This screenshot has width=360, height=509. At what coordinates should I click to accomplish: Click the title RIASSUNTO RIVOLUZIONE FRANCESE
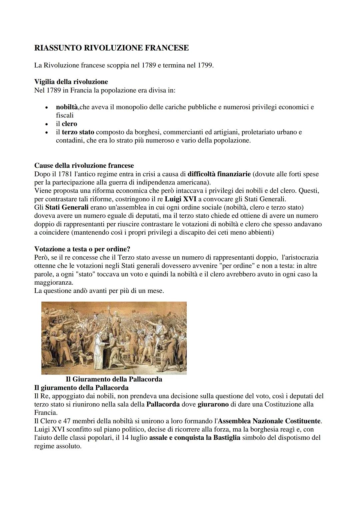pyautogui.click(x=111, y=48)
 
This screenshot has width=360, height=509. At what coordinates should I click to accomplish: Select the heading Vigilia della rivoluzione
pyautogui.click(x=71, y=82)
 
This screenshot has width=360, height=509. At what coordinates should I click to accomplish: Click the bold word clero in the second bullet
pyautogui.click(x=69, y=124)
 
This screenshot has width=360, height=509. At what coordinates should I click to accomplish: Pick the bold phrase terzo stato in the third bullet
pyautogui.click(x=78, y=132)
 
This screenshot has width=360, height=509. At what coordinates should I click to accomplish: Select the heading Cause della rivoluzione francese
pyautogui.click(x=84, y=166)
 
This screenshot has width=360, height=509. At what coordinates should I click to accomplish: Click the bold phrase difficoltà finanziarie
pyautogui.click(x=219, y=174)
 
